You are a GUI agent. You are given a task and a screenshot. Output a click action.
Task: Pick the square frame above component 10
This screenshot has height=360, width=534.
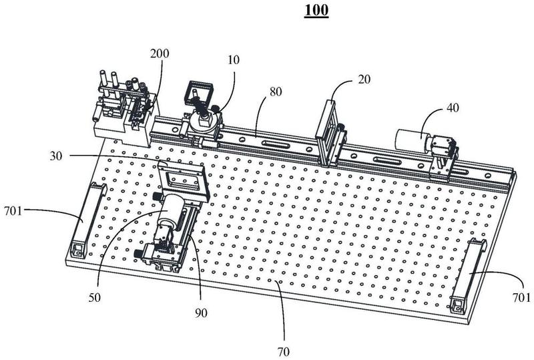coord(201,93)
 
